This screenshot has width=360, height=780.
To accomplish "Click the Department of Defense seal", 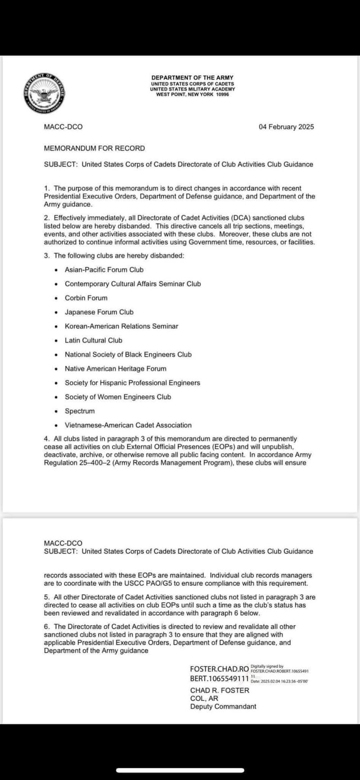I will tap(44, 93).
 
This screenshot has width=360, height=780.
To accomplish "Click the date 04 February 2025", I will tap(286, 127).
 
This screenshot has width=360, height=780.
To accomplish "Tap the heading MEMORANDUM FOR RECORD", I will tap(94, 148).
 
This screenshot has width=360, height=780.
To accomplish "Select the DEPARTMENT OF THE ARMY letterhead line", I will tap(193, 78).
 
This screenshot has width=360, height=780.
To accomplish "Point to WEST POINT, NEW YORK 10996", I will tap(193, 94).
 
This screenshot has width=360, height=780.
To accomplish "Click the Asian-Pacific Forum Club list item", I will tap(104, 270).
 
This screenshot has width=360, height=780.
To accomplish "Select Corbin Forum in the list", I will tap(86, 298).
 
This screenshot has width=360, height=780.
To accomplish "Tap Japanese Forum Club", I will tap(99, 312).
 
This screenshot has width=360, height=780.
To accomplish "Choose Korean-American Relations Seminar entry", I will tap(121, 326).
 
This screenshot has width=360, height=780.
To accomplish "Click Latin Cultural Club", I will tap(94, 341).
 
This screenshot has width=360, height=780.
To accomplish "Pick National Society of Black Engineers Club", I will tap(128, 354).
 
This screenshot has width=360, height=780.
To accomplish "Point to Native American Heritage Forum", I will tap(116, 369).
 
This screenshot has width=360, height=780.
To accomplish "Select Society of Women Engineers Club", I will tap(118, 397).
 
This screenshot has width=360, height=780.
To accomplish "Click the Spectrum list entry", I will tap(80, 411).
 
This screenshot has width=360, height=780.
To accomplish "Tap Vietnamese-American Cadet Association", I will tap(128, 426).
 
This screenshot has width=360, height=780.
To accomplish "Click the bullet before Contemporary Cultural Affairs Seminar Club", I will tap(56, 284).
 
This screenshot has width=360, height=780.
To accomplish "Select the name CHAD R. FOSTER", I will tap(220, 690).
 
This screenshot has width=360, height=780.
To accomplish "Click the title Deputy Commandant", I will tap(223, 707).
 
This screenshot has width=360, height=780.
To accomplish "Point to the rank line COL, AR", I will tap(204, 699).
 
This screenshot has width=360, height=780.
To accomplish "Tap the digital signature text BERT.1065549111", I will tap(220, 678).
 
